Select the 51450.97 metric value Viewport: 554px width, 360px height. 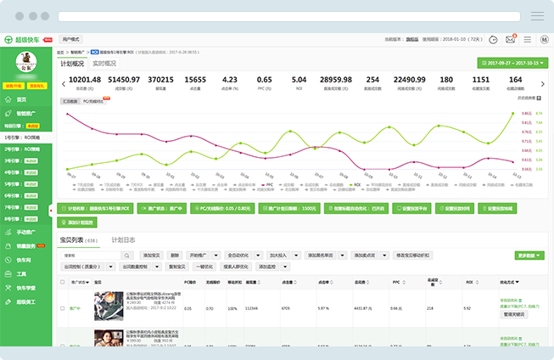[124, 79]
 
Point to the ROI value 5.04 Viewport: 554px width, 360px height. [299, 79]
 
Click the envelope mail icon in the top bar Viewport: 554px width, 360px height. [511, 39]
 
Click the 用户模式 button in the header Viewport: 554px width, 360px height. [71, 39]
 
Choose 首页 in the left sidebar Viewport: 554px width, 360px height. [22, 99]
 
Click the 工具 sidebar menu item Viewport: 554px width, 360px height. [22, 274]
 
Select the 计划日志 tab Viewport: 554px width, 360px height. [124, 240]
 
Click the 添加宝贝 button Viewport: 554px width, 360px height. [152, 255]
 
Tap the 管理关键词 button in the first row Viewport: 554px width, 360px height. [515, 314]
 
